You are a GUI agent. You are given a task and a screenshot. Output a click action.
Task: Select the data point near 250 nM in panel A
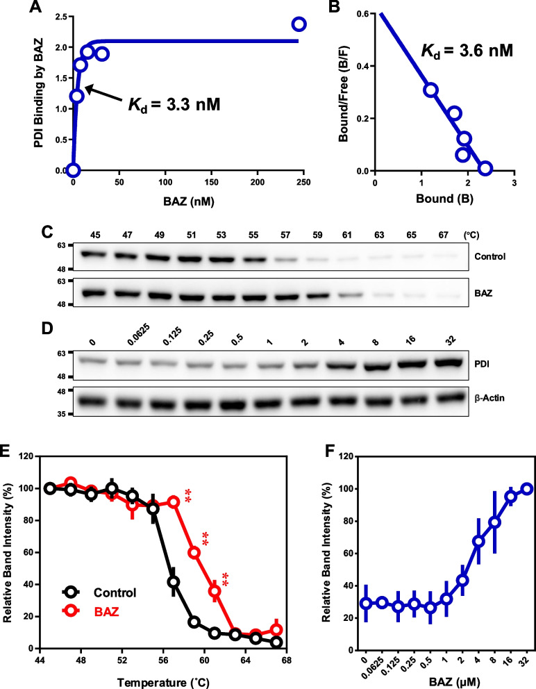(x=299, y=24)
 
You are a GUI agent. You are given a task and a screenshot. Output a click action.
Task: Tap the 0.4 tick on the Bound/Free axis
(x=362, y=67)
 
